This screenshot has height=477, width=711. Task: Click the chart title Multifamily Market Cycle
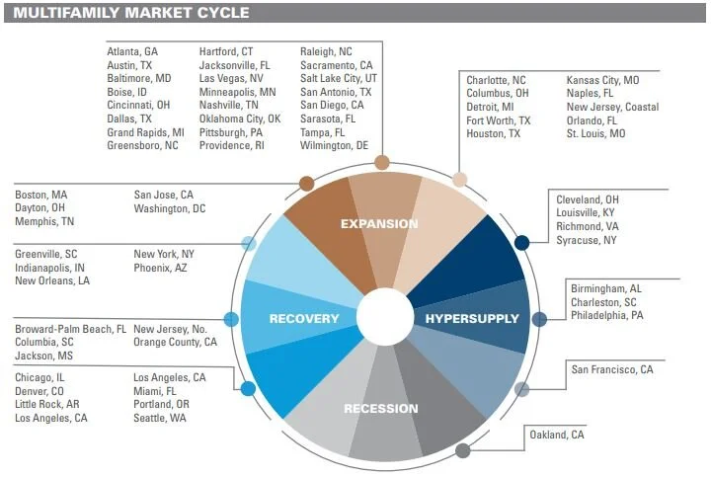(x=130, y=13)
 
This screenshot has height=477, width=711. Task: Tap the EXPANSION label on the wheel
(x=379, y=223)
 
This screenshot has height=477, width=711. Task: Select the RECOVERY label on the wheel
(x=304, y=319)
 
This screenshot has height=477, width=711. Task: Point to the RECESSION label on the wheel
(x=380, y=408)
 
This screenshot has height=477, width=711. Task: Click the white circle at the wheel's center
(x=384, y=317)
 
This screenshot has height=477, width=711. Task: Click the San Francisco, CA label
(x=612, y=369)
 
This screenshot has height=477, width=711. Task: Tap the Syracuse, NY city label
(x=586, y=240)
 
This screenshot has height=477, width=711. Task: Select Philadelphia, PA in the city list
(x=606, y=316)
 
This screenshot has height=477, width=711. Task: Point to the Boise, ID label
(x=128, y=92)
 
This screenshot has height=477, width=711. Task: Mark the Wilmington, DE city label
(x=334, y=145)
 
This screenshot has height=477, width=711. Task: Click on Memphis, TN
(x=43, y=222)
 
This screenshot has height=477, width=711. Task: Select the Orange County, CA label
(x=175, y=343)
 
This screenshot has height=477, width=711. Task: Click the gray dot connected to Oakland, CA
(x=462, y=451)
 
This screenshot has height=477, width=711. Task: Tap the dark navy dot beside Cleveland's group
(x=521, y=242)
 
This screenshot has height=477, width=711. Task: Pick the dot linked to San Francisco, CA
(x=521, y=389)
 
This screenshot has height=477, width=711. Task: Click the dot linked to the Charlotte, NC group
(x=459, y=180)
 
